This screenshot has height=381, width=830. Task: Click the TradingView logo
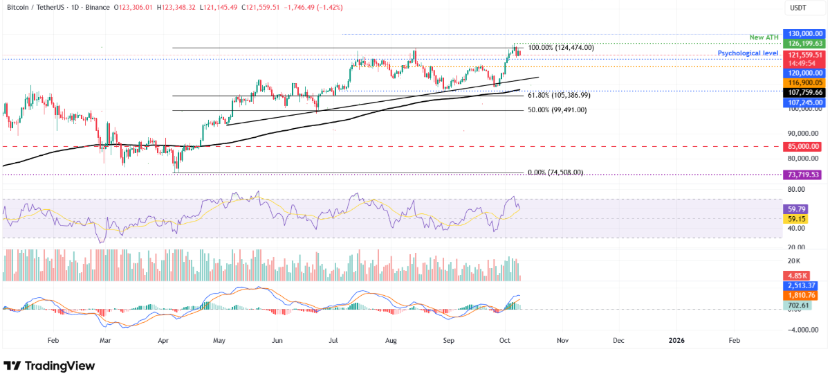[x=49, y=366]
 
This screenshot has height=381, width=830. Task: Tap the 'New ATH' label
[x=764, y=37]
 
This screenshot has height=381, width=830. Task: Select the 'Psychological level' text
[x=748, y=53]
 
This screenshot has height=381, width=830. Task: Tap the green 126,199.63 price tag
[x=802, y=43]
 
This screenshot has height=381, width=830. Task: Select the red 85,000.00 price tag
[x=802, y=146]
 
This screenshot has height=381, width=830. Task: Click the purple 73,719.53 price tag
[x=802, y=175]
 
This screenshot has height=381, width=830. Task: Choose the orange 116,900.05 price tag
[x=802, y=82]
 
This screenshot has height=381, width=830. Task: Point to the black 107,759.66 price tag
[x=802, y=92]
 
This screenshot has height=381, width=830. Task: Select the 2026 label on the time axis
[x=676, y=341]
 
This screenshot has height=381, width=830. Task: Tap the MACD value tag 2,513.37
[x=802, y=285]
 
